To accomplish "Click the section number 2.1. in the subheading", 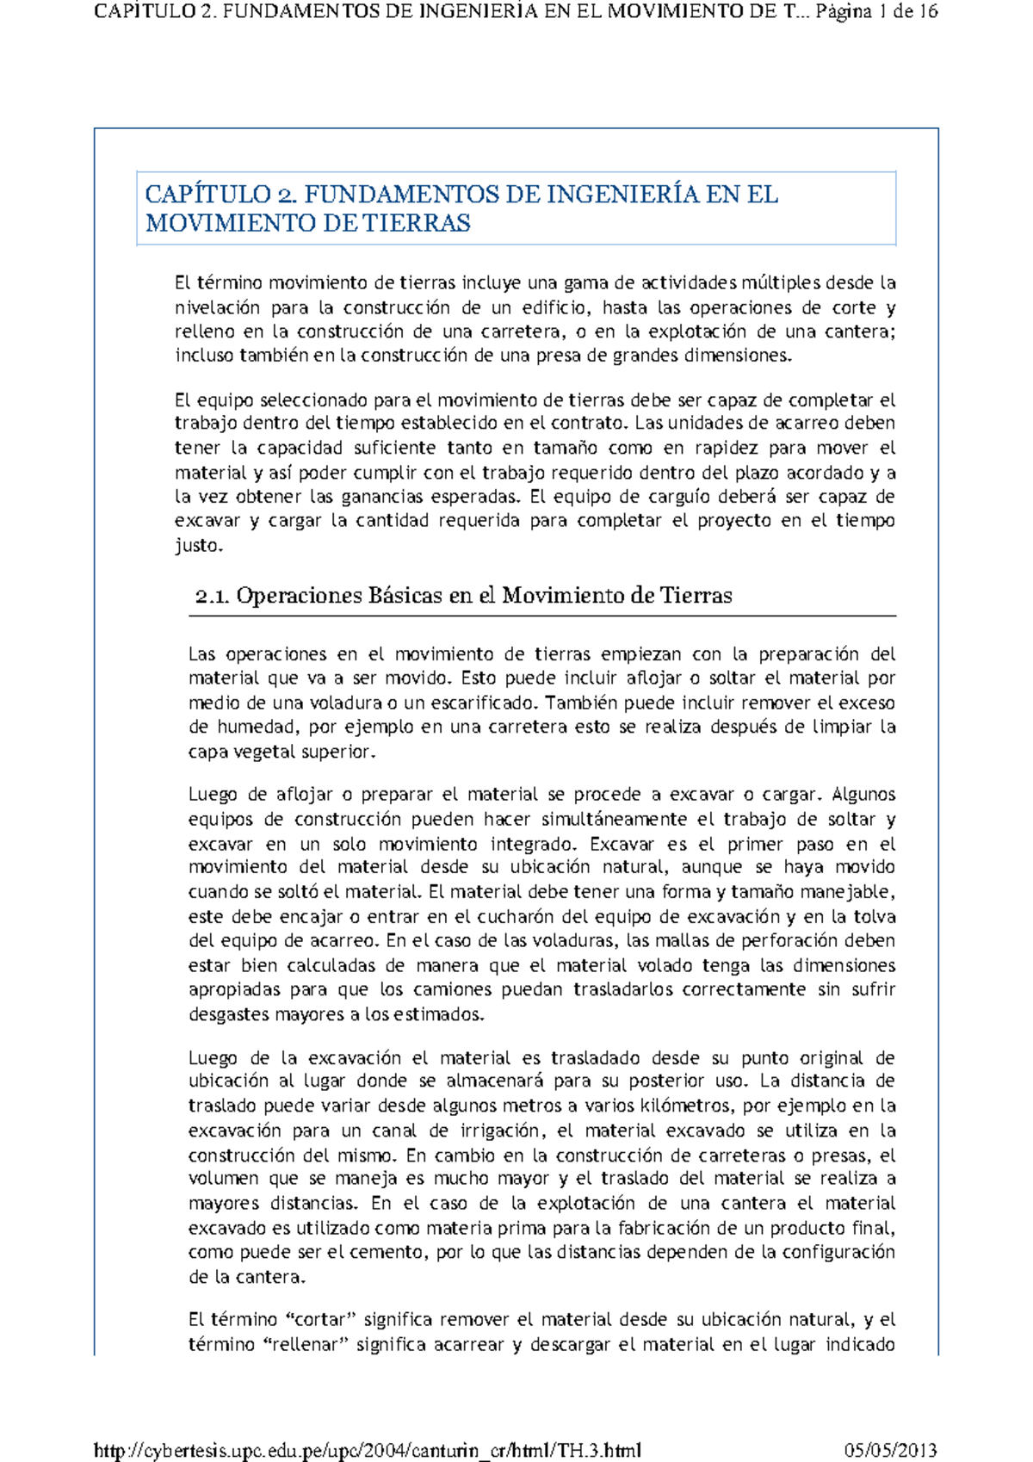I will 212,596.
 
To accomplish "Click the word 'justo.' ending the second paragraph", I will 199,546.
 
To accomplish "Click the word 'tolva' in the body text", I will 874,917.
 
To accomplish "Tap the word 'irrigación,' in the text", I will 500,1131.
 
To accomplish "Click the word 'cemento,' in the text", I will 387,1253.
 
